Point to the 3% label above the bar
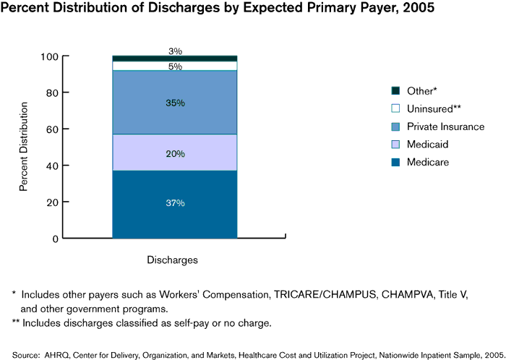point(175,51)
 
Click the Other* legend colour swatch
point(395,90)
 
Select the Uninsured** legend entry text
point(434,108)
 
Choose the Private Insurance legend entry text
point(445,127)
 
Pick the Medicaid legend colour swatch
point(395,144)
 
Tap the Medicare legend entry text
point(427,162)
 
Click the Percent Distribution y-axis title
point(24,147)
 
